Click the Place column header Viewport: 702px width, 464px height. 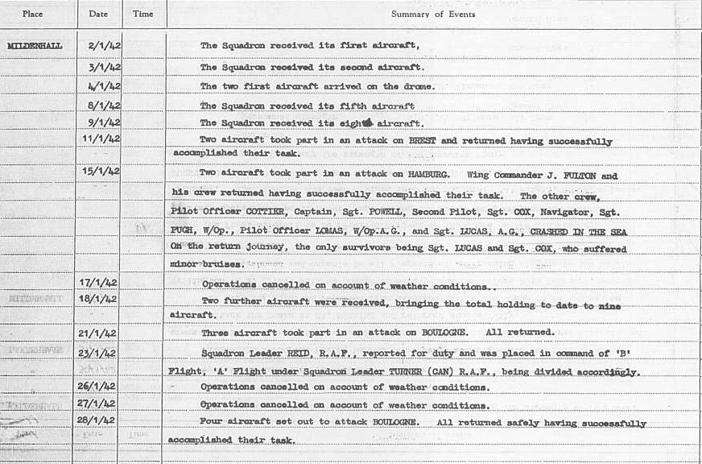[33, 14]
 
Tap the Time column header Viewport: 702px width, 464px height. [142, 14]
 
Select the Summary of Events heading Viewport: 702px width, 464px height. [432, 14]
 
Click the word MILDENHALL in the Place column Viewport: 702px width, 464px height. [34, 46]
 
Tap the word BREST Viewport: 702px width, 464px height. [423, 141]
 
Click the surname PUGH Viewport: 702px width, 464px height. [183, 232]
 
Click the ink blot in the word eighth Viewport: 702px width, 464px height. [368, 122]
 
